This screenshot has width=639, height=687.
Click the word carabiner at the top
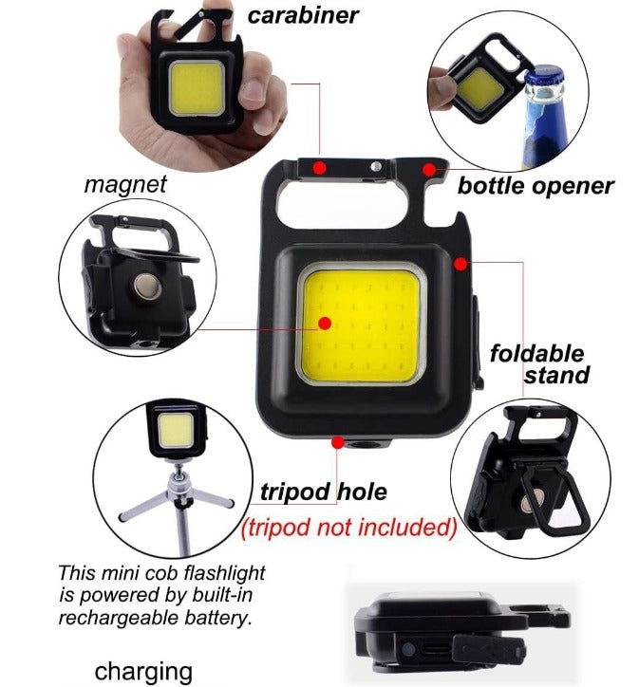[303, 15]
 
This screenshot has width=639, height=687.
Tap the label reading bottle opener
[535, 185]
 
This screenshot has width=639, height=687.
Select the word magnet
[124, 183]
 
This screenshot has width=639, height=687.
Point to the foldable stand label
[537, 364]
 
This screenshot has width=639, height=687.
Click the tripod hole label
[324, 492]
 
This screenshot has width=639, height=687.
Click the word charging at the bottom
[142, 670]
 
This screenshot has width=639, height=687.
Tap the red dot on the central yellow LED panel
[324, 323]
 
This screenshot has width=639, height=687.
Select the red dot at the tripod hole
[336, 440]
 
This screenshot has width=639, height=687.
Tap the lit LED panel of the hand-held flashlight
[199, 87]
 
